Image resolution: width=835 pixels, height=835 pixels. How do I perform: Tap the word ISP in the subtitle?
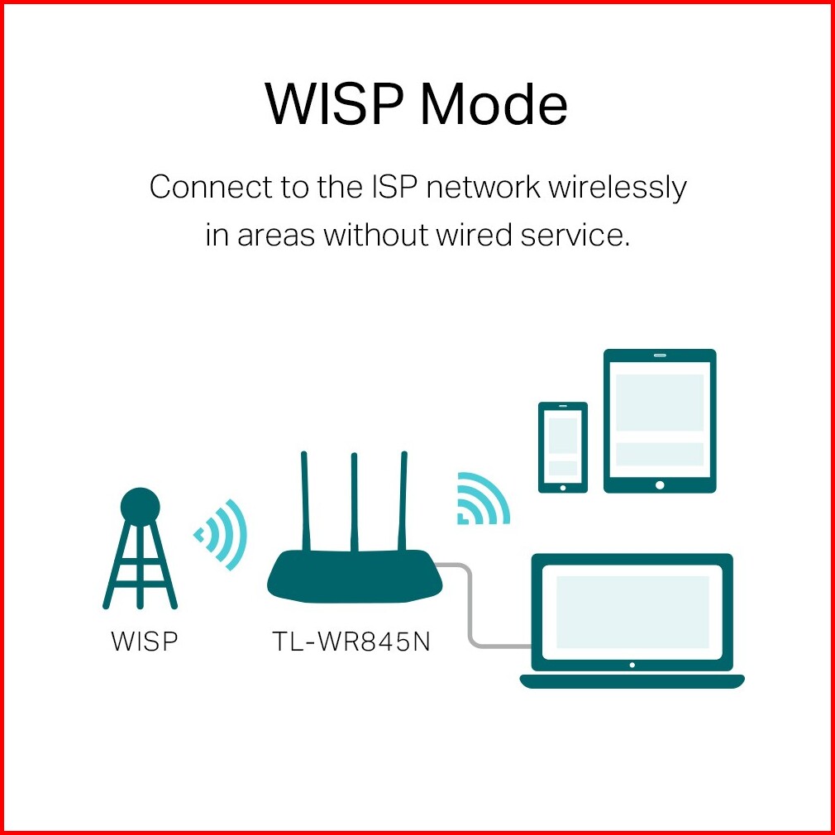pos(393,188)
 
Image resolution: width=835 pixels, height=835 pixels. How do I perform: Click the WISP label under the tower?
pos(144,641)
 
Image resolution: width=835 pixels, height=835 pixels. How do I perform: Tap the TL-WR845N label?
pos(351,641)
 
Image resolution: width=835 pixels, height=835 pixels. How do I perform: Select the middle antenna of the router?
pos(354,503)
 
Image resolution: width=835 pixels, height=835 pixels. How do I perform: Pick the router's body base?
pos(355,577)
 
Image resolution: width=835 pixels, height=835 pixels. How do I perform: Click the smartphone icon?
pos(563,447)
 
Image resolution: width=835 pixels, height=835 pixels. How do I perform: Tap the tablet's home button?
pos(660,484)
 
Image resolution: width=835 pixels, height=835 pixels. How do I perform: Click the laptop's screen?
pos(632,612)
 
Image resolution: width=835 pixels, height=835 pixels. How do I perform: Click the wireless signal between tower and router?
pos(221,535)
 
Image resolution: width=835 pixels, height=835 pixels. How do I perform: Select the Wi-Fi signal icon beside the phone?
pos(483,499)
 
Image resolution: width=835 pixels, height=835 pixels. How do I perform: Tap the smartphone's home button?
pos(563,487)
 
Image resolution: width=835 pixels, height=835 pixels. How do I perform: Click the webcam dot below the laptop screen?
pos(632,666)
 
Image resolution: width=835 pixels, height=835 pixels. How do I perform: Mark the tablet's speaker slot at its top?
pos(660,355)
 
